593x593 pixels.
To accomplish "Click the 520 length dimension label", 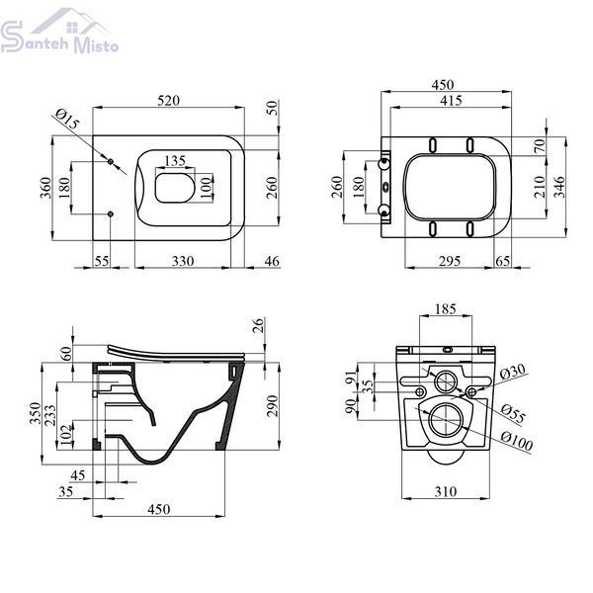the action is click(168, 101).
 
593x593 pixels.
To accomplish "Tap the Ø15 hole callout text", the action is click(67, 119).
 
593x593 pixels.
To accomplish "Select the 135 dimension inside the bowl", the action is click(175, 161).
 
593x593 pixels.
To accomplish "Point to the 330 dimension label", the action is click(183, 261).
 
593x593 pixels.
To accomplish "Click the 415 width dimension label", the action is click(451, 101).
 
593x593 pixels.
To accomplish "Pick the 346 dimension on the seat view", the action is click(559, 187).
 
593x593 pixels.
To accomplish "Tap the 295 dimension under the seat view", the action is click(450, 261).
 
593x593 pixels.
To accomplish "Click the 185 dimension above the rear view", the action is click(446, 309).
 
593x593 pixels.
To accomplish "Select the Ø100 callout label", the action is click(517, 441).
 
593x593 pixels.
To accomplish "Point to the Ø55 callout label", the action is click(513, 414).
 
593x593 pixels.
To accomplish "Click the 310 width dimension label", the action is click(446, 491).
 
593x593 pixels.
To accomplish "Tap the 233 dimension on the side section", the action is click(50, 415).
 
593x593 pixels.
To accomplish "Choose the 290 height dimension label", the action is click(272, 406).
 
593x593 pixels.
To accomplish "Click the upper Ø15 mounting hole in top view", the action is click(111, 162).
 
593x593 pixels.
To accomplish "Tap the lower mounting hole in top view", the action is click(111, 214).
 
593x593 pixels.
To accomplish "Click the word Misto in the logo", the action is click(97, 44).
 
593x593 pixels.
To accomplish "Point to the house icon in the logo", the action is click(70, 21).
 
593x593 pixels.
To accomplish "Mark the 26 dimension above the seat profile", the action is click(258, 325).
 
